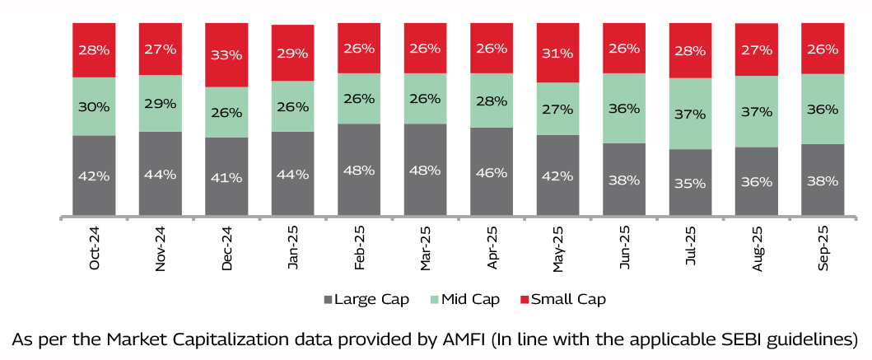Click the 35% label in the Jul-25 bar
pyautogui.click(x=690, y=183)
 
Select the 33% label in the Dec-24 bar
pyautogui.click(x=226, y=55)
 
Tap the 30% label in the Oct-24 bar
pyautogui.click(x=94, y=106)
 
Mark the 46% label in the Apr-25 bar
pyautogui.click(x=492, y=173)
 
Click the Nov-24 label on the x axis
pyautogui.click(x=161, y=248)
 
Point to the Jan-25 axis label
pyautogui.click(x=293, y=248)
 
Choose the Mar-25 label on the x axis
pyautogui.click(x=426, y=248)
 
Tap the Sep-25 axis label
pyautogui.click(x=823, y=248)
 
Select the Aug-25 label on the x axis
pyautogui.click(x=757, y=248)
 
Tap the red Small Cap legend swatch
pyautogui.click(x=525, y=299)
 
